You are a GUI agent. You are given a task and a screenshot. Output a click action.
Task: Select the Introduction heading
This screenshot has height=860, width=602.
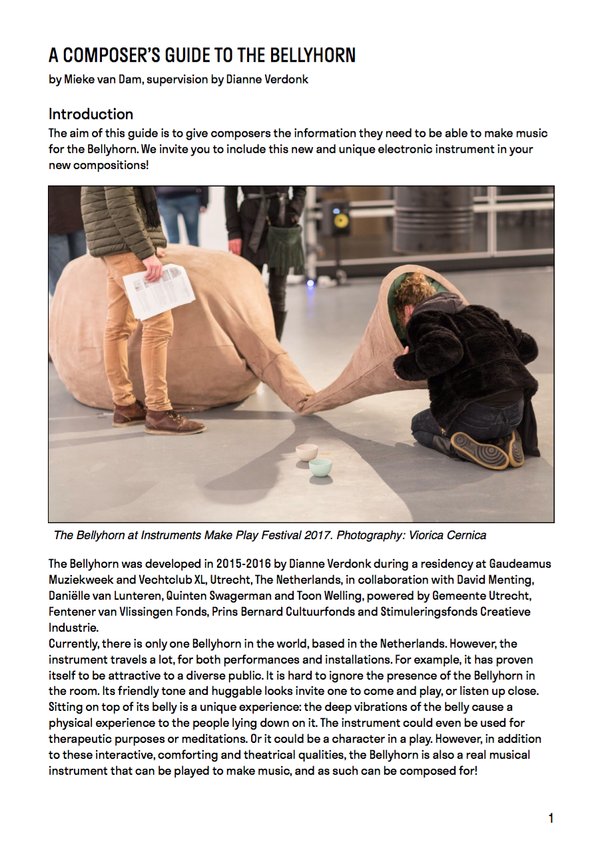pyautogui.click(x=91, y=114)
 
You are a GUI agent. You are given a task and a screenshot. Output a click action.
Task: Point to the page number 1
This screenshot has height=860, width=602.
pyautogui.click(x=551, y=818)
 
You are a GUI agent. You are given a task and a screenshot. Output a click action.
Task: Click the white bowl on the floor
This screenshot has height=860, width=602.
pyautogui.click(x=307, y=453)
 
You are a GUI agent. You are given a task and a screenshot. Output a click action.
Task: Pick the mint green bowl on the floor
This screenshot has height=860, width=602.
pyautogui.click(x=320, y=467)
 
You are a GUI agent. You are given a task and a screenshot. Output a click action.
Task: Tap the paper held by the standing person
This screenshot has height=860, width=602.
pyautogui.click(x=158, y=290)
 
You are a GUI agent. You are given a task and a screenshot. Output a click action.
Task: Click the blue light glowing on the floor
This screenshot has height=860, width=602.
pyautogui.click(x=310, y=283)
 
